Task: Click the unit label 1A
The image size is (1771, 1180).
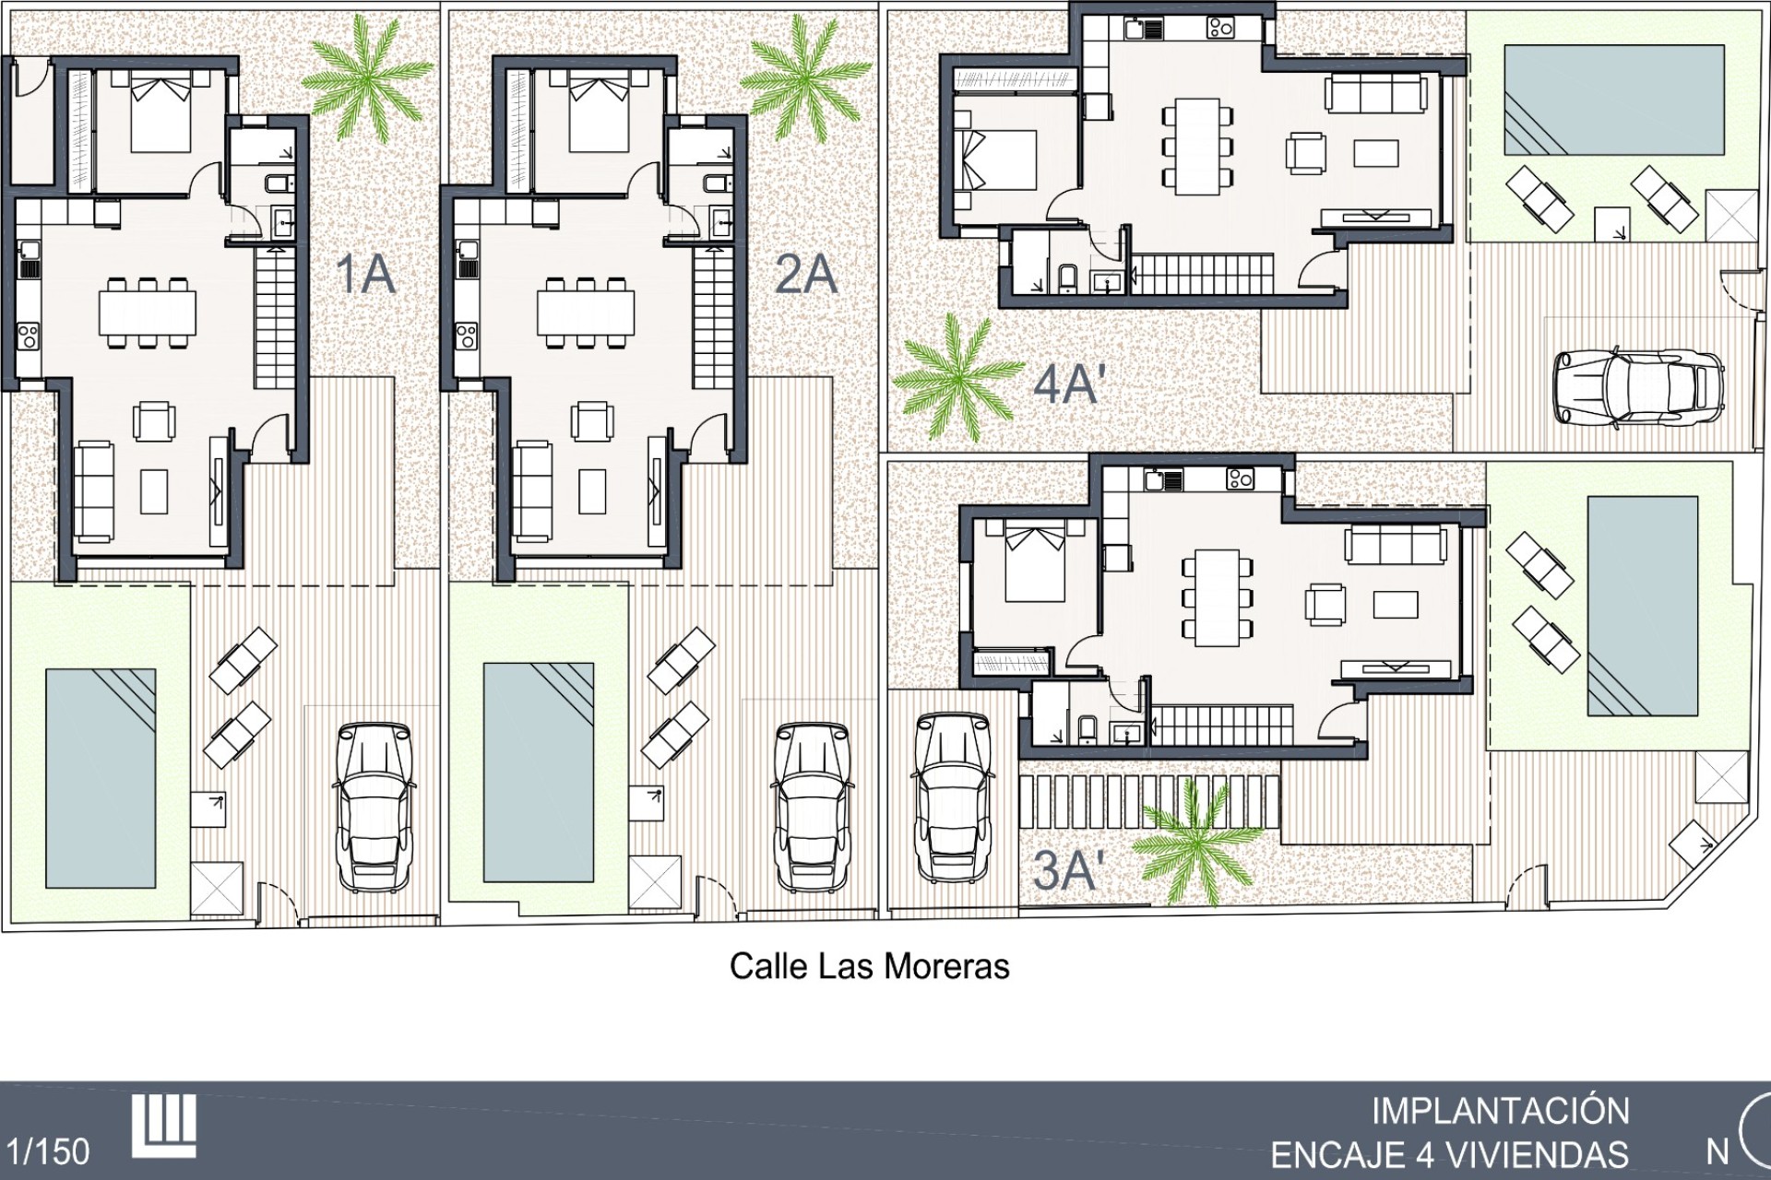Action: (x=366, y=275)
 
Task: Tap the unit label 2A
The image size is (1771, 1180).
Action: (x=806, y=275)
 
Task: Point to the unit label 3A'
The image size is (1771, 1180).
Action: (x=1068, y=870)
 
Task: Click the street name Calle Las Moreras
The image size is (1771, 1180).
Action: (x=869, y=966)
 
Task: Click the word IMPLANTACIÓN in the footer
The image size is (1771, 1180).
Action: (x=1501, y=1111)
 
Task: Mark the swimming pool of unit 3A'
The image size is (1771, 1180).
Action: (x=1643, y=606)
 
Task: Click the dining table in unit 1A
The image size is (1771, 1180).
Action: (x=148, y=313)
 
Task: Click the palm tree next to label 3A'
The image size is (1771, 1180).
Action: (x=1196, y=843)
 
